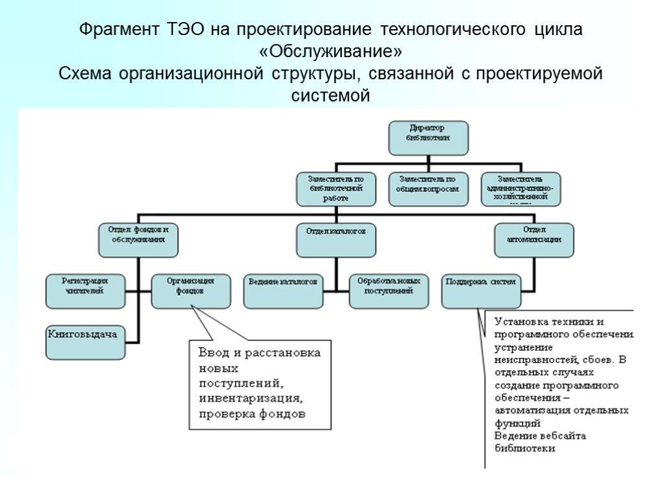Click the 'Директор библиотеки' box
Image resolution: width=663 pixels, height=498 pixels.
428,137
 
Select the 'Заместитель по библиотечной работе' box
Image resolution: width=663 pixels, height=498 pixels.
335,188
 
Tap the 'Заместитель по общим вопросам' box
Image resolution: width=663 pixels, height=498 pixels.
427,188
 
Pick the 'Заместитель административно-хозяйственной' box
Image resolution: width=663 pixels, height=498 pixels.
521,188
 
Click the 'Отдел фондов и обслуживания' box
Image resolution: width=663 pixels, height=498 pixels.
138,239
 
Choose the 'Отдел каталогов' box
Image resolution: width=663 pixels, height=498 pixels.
336,239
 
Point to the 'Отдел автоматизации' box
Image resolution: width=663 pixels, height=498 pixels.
534,239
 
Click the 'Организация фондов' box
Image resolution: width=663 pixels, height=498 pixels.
191,290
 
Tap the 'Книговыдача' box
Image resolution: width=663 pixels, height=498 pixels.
84,341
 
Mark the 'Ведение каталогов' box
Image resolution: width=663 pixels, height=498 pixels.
283,290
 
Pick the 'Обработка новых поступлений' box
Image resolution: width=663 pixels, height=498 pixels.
389,290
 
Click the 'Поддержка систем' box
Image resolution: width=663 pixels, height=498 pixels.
481,290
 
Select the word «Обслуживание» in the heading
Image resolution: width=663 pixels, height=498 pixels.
331,51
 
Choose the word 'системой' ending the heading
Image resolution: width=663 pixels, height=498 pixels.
331,96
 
